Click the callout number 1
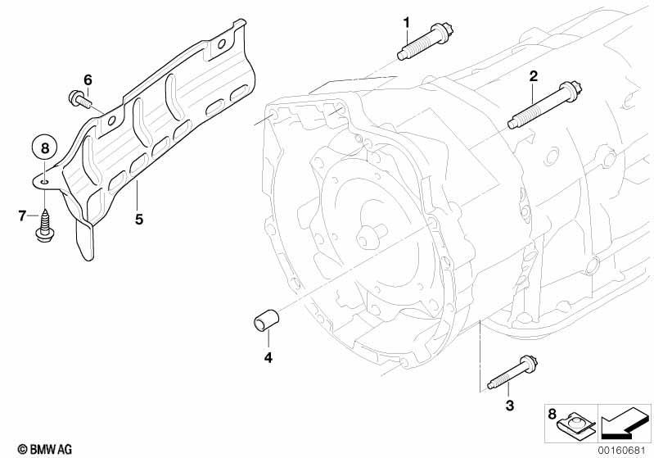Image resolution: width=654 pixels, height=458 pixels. (x=406, y=23)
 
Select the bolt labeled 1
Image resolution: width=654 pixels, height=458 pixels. (x=426, y=41)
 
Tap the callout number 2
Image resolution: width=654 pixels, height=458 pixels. (x=534, y=76)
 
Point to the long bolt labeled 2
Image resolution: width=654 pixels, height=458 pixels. (x=544, y=106)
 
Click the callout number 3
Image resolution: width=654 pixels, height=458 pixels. (x=510, y=405)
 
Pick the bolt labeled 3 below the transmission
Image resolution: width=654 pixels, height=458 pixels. (x=512, y=373)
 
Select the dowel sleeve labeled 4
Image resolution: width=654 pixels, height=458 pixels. (x=267, y=320)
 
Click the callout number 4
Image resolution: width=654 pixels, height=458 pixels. (x=268, y=358)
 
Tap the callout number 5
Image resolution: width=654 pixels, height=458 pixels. (x=139, y=219)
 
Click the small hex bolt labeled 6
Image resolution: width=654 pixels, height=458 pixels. (x=80, y=99)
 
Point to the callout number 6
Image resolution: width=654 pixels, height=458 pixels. (x=88, y=79)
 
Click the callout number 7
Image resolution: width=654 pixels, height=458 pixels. (x=22, y=216)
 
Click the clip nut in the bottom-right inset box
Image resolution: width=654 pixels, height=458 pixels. (x=577, y=425)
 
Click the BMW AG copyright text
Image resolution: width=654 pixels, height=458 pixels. (x=45, y=449)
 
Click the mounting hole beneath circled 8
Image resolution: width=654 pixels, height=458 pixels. (x=45, y=181)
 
